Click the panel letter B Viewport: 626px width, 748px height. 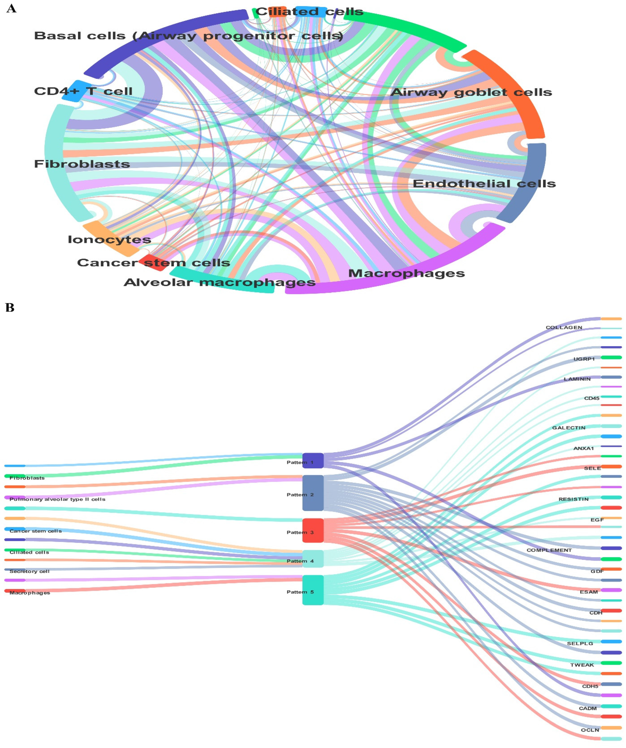pyautogui.click(x=10, y=307)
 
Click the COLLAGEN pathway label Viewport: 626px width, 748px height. pyautogui.click(x=564, y=327)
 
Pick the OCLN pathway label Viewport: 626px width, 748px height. pyautogui.click(x=590, y=730)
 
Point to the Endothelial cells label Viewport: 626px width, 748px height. pyautogui.click(x=484, y=184)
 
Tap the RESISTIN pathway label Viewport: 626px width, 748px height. pyautogui.click(x=573, y=499)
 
